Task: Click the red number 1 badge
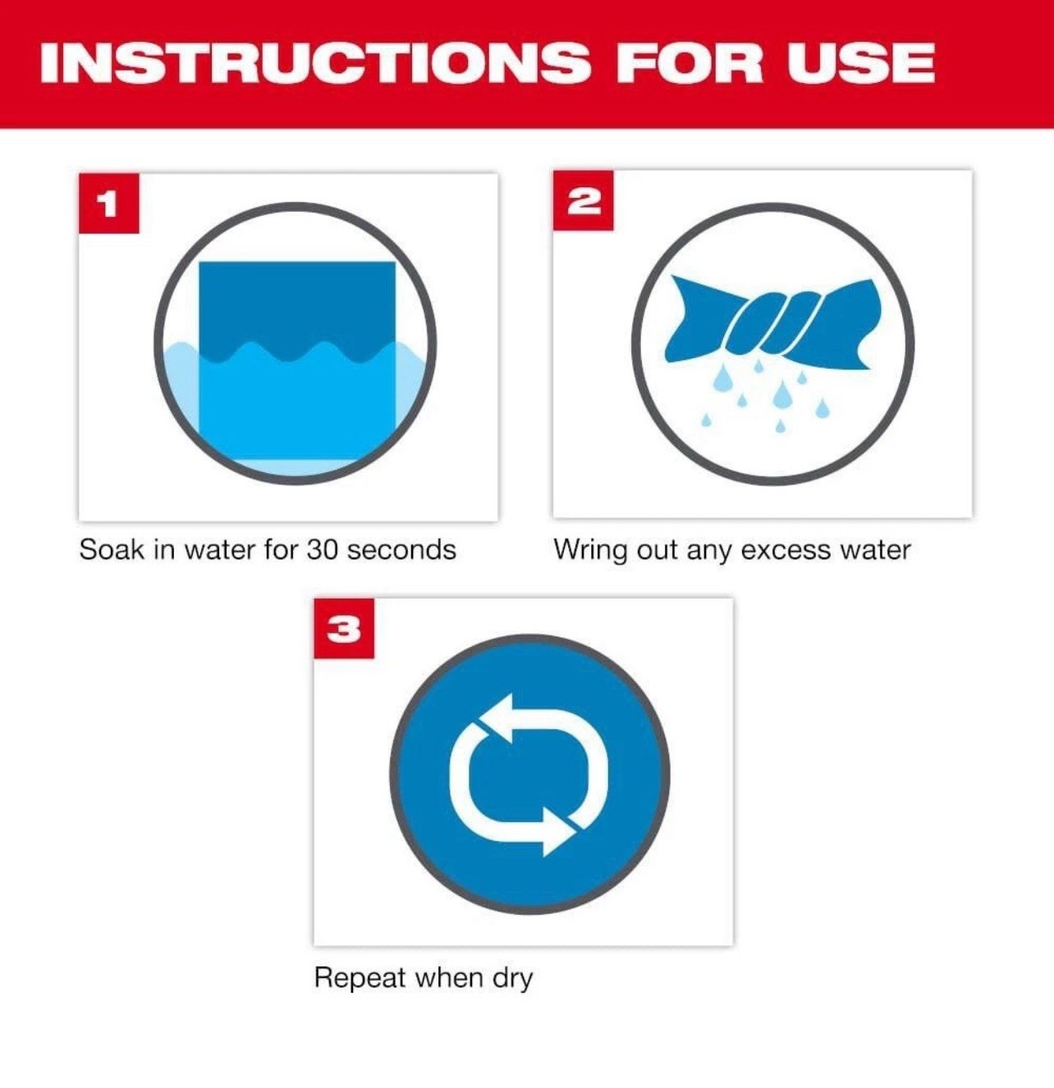108,203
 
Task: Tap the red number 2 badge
583,200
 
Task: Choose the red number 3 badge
344,629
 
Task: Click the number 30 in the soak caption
323,549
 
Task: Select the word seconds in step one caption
401,549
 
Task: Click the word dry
513,979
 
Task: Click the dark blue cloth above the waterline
297,304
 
